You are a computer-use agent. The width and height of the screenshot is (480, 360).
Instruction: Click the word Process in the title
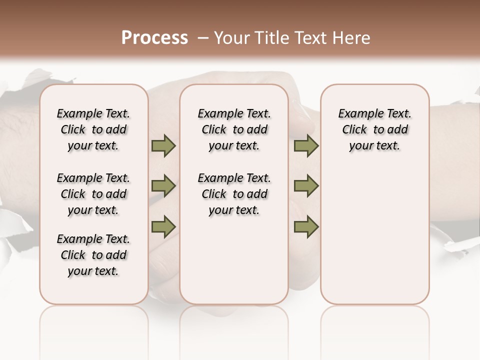pos(154,38)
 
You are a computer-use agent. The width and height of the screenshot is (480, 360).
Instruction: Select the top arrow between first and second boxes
pos(163,146)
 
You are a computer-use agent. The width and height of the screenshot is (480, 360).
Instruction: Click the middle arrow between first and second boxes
pos(163,186)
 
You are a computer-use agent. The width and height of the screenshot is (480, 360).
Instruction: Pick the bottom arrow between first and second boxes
pos(163,226)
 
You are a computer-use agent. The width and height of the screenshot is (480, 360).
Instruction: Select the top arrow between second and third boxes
pos(306,146)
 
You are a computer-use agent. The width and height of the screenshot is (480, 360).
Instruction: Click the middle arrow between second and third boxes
pos(306,186)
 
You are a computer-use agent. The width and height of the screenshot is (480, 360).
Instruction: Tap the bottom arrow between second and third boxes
pos(306,226)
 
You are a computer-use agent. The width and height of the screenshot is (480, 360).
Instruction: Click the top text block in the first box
pos(93,129)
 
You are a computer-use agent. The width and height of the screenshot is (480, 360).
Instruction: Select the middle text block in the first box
pos(93,194)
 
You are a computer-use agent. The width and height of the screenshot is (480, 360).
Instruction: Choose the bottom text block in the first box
pos(93,255)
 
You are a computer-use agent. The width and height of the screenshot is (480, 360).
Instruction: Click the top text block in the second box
pos(234,129)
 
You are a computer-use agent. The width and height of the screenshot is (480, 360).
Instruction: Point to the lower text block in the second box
pos(234,194)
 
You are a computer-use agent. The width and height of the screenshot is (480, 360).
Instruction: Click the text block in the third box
pos(375,129)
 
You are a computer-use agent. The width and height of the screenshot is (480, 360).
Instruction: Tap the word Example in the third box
pos(359,114)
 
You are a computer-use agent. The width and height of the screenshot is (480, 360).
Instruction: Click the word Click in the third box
pos(354,130)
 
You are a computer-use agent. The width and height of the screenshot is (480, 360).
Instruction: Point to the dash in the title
pos(203,38)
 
